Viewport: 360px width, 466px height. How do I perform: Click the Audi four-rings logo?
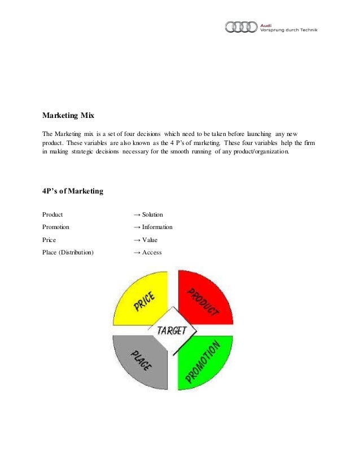click(241, 27)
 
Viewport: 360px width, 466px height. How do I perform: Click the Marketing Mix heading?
click(68, 116)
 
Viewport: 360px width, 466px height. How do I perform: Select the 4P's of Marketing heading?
click(73, 191)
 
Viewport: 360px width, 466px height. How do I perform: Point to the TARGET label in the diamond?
click(172, 331)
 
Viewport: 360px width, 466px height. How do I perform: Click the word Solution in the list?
click(152, 215)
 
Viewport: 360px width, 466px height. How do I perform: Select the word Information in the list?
click(157, 227)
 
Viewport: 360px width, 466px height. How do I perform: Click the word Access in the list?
click(152, 253)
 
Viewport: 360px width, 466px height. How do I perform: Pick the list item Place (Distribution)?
click(68, 253)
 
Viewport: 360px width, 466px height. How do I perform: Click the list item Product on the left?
click(52, 215)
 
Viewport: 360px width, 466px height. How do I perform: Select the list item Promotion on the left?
click(56, 227)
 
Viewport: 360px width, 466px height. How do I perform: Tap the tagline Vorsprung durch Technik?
click(288, 30)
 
